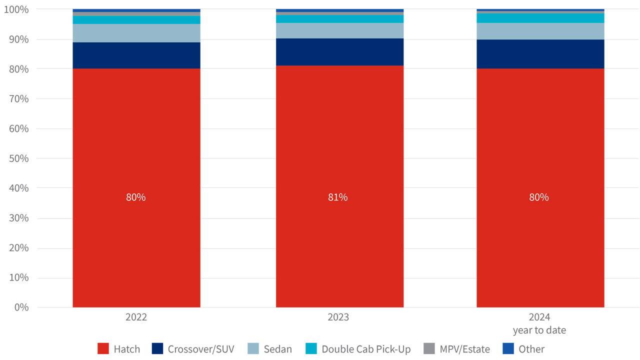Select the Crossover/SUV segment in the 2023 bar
339,52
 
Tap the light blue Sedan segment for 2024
540,31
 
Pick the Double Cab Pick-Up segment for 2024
540,18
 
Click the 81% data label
337,197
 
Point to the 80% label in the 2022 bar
135,197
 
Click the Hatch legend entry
119,349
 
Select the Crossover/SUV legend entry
192,349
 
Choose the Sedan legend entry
269,349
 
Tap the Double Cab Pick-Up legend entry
358,349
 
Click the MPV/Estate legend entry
456,349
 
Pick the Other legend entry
523,349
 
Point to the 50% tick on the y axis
17,158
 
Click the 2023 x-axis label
338,317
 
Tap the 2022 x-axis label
136,317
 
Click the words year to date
539,330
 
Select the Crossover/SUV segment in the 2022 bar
136,55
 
